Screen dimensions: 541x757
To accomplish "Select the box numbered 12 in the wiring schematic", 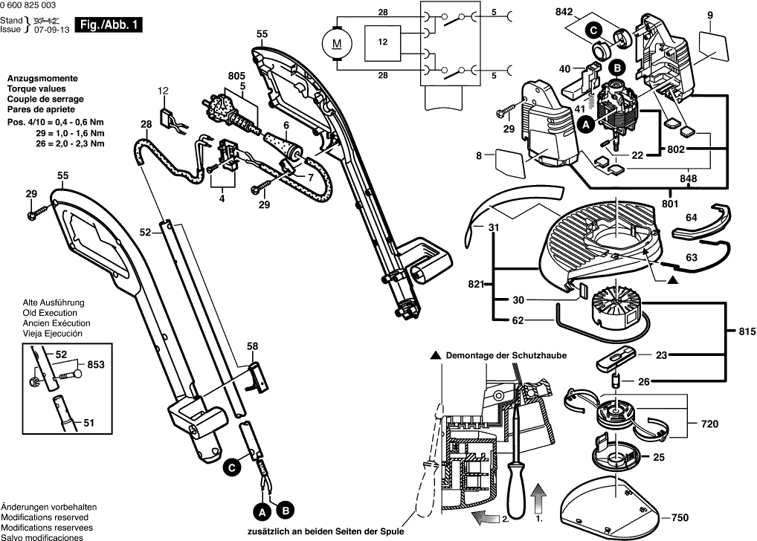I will coord(383,44).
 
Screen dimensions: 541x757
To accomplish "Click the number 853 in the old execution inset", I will coord(97,364).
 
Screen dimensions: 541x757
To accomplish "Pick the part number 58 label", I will coord(253,346).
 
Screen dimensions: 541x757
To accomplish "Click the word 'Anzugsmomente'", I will coord(41,79).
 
